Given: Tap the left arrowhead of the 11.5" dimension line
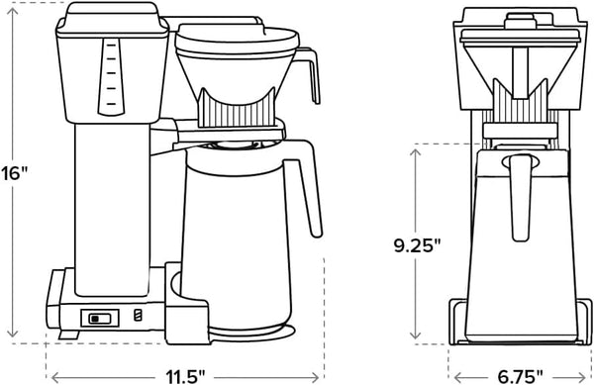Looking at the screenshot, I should [52, 375].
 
